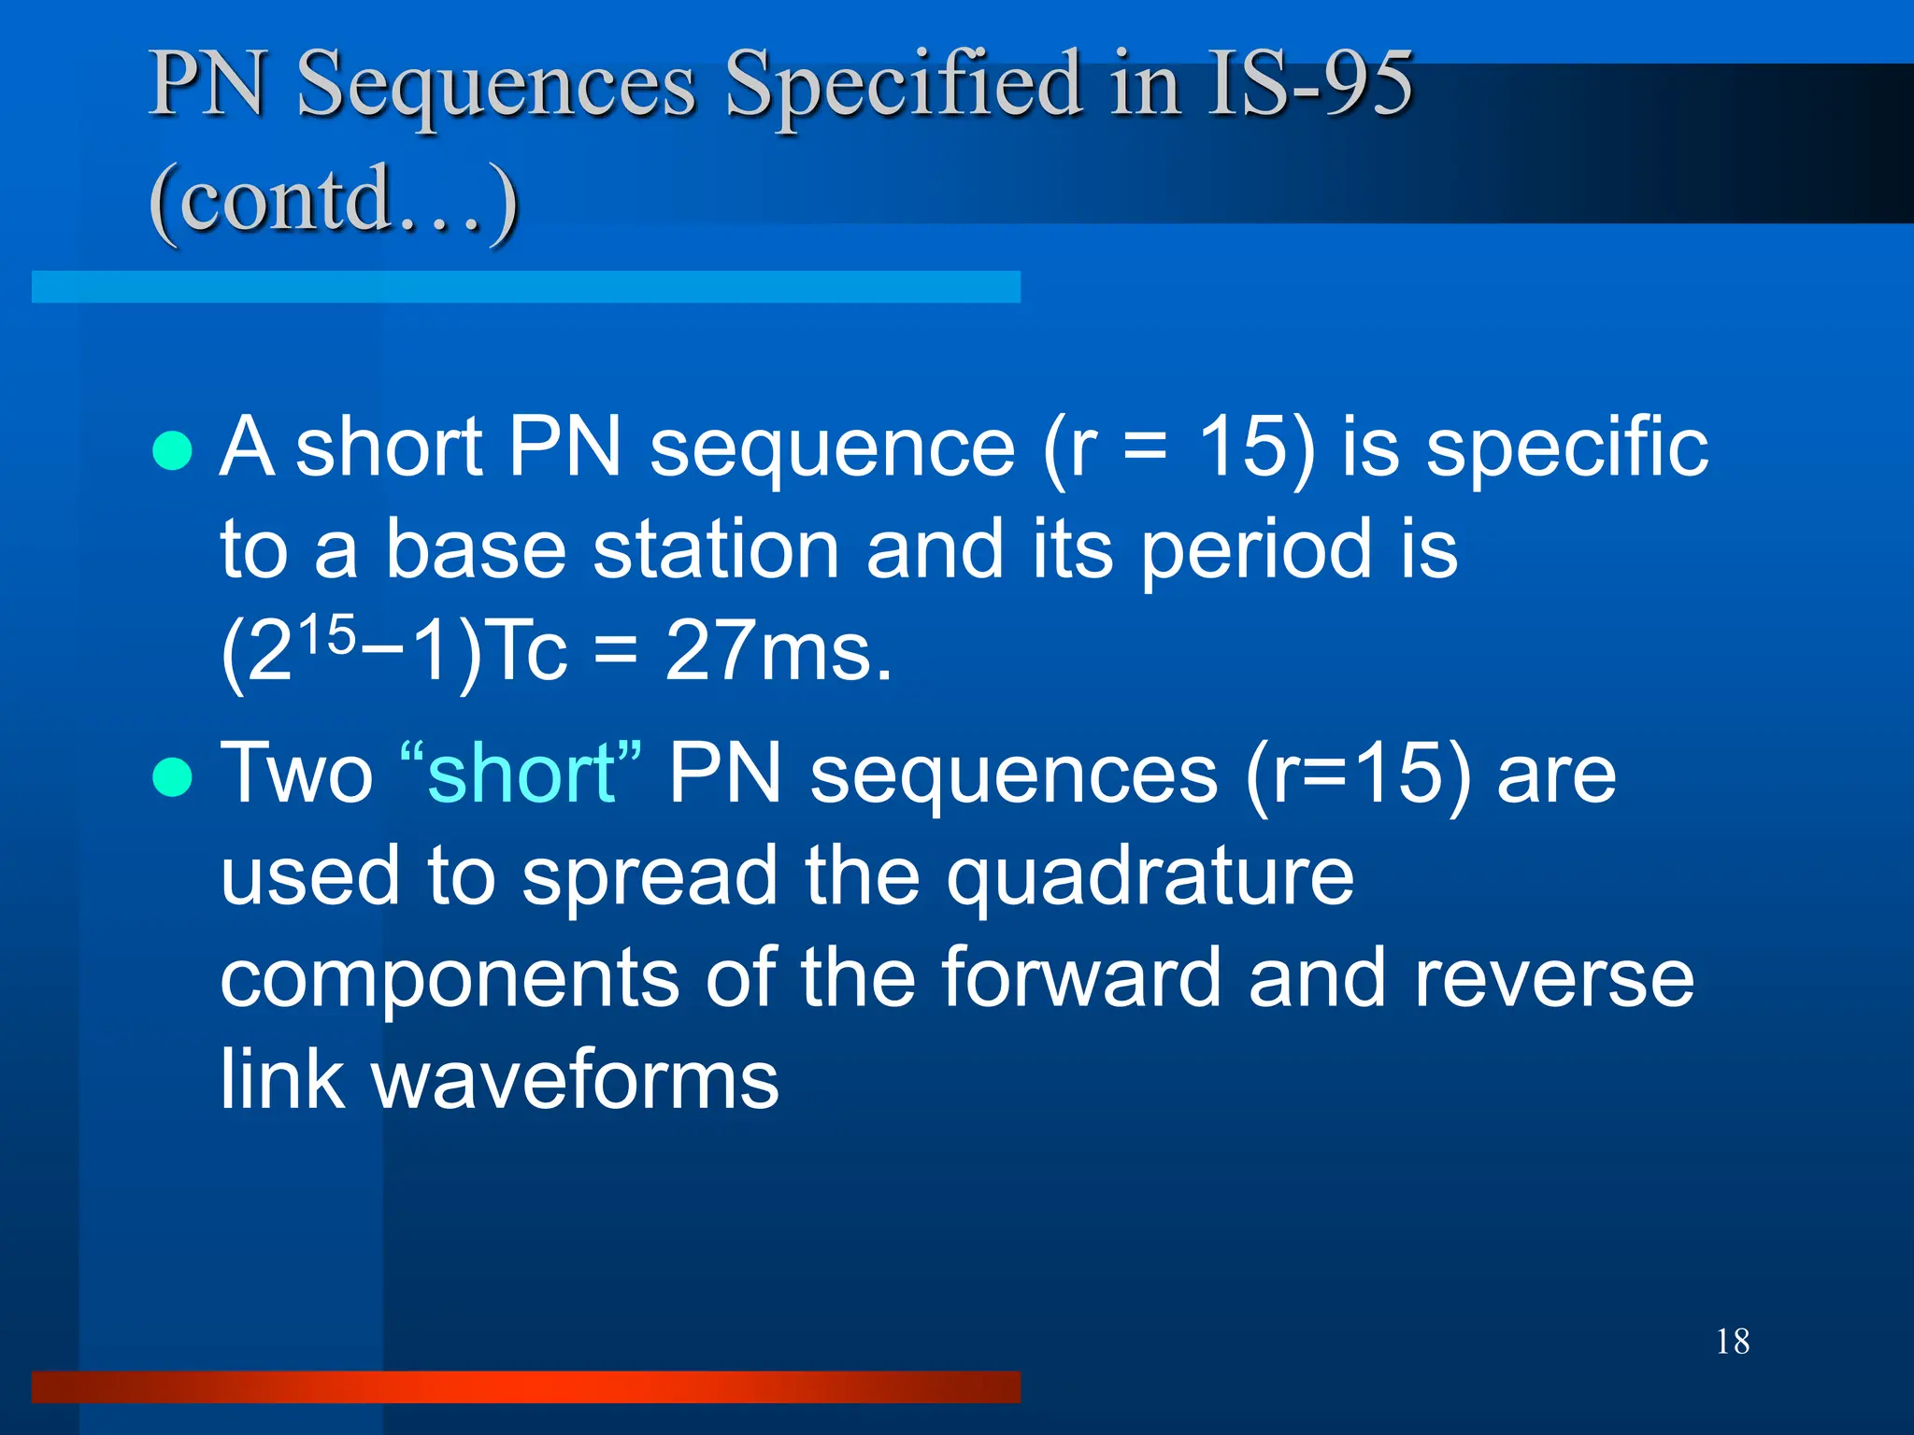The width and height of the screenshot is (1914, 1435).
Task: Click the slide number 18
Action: [x=1733, y=1342]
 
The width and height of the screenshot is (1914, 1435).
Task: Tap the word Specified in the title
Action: [x=905, y=86]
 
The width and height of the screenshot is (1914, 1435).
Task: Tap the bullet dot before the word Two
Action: [x=172, y=776]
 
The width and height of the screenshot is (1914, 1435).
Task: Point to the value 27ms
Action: [x=778, y=651]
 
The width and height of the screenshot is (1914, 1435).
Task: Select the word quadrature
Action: [x=1150, y=878]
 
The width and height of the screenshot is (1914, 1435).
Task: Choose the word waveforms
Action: [x=575, y=1080]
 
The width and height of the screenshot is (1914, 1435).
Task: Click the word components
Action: [x=449, y=979]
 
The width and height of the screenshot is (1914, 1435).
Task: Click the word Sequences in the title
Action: [x=496, y=86]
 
